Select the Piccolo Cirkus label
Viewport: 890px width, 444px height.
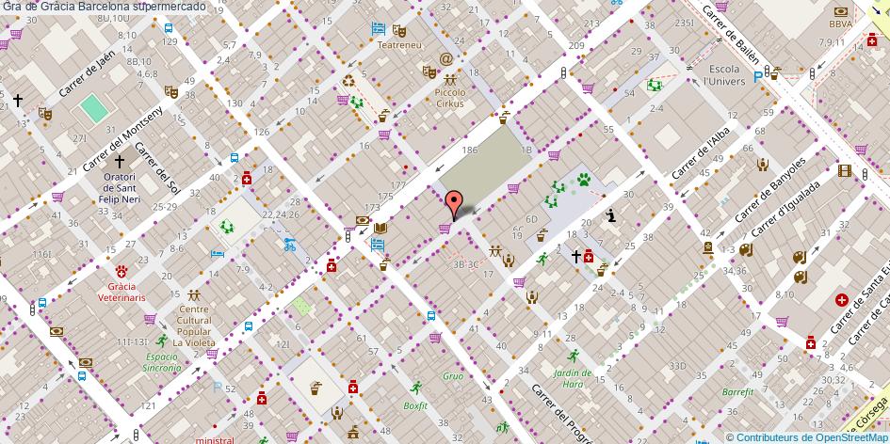click(x=449, y=98)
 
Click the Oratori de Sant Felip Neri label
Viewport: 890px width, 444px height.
click(x=120, y=189)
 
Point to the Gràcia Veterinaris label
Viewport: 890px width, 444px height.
click(x=122, y=292)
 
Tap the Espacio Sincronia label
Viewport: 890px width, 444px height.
click(x=162, y=362)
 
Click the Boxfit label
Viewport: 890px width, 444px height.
click(x=415, y=405)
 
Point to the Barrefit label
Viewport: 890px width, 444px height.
click(x=737, y=391)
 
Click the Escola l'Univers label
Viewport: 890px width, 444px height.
click(x=725, y=75)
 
